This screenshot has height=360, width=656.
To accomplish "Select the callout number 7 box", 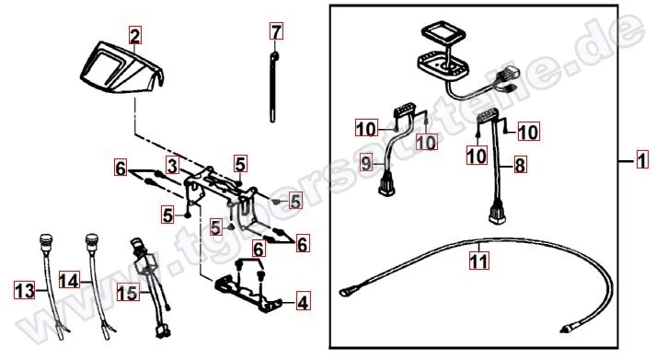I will (275, 34).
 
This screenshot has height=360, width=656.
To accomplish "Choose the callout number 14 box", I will (71, 279).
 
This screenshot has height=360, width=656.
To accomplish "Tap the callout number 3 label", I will (172, 165).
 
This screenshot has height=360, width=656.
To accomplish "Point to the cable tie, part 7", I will (275, 87).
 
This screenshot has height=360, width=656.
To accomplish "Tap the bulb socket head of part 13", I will (42, 249).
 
